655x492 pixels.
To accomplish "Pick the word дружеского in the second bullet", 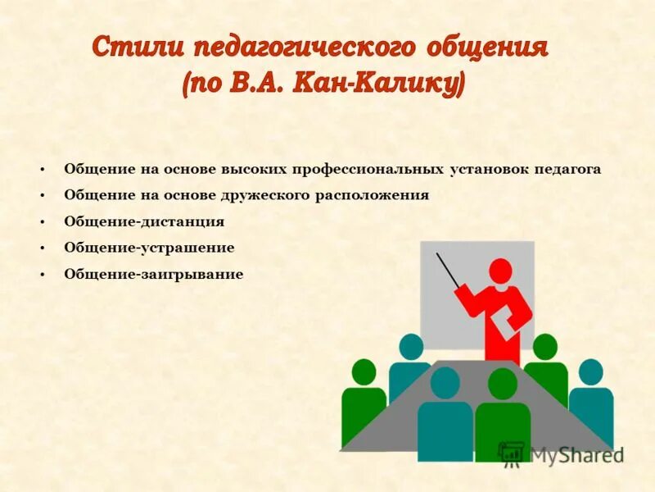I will (266, 196).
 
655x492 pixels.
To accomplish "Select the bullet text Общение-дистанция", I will (144, 222).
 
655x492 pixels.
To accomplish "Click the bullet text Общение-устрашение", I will (149, 248).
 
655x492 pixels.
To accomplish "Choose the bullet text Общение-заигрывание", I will (154, 275).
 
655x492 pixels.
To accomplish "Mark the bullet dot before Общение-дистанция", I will (42, 222).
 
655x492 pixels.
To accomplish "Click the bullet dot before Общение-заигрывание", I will (42, 275).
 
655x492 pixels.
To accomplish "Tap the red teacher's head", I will (500, 271).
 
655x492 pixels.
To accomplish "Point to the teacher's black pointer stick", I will (448, 270).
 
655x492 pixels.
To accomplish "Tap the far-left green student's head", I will (364, 373).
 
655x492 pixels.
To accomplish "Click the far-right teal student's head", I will (590, 372).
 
